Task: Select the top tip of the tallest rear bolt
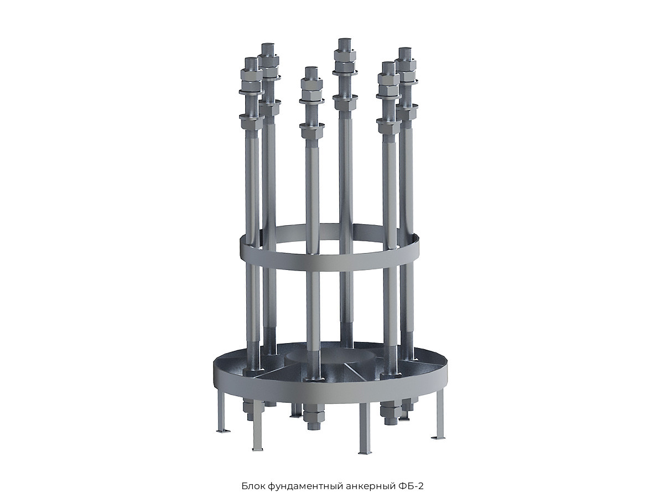(345, 40)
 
